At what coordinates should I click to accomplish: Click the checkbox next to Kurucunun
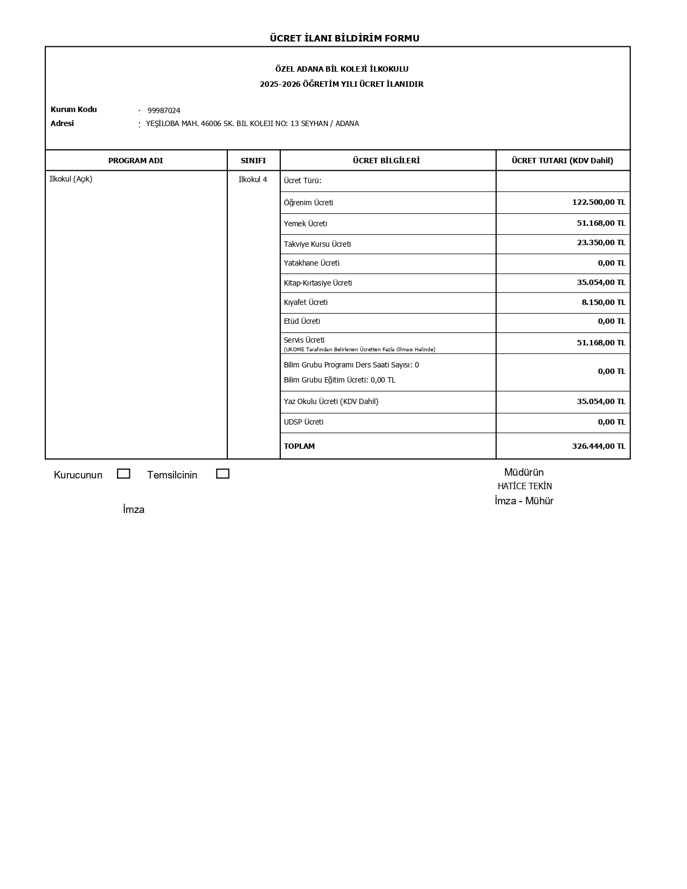click(123, 474)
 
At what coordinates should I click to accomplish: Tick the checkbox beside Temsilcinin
click(223, 474)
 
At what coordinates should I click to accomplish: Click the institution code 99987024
click(164, 110)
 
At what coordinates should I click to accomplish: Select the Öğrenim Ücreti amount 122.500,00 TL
click(598, 202)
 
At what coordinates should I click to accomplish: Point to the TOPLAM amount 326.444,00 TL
click(598, 446)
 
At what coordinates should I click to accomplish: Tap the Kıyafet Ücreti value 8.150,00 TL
click(603, 302)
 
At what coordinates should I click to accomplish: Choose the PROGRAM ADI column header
click(135, 161)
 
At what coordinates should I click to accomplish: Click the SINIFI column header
click(253, 161)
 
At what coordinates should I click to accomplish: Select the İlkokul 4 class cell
click(253, 179)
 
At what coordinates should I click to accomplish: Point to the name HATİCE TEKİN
click(524, 486)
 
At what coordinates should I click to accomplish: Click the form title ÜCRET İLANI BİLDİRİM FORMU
click(344, 38)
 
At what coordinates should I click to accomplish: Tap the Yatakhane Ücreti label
click(311, 263)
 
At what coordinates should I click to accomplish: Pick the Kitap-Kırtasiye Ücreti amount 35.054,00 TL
click(601, 282)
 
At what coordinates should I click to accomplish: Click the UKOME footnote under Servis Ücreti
click(359, 350)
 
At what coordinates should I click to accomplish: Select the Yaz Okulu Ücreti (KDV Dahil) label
click(331, 401)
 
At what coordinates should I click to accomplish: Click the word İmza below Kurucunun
click(134, 510)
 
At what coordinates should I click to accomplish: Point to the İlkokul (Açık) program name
click(71, 179)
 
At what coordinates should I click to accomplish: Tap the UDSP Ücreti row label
click(303, 422)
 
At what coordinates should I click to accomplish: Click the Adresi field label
click(62, 123)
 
